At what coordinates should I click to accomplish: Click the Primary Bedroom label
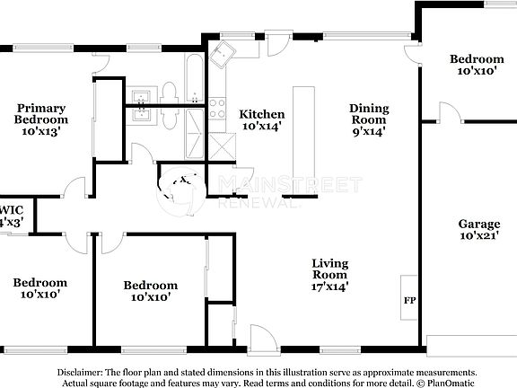pos(40,113)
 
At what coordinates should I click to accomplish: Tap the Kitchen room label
pos(261,114)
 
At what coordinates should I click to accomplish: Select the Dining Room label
pos(368,113)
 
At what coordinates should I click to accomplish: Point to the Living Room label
pos(329,269)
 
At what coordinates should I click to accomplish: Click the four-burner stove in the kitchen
pos(216,109)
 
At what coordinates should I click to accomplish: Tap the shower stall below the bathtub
pos(195,144)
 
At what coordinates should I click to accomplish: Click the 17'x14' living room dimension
pos(329,287)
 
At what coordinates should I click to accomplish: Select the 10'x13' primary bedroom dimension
pos(40,131)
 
